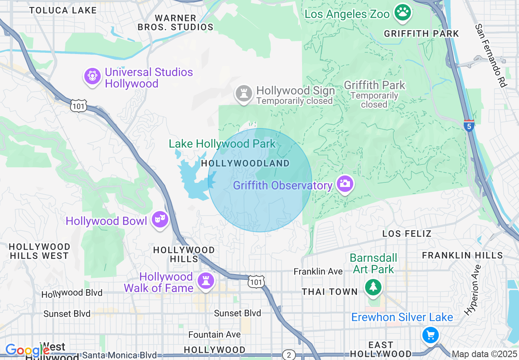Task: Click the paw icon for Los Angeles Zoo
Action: pos(403,13)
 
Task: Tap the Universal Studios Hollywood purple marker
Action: pos(93,76)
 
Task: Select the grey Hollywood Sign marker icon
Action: pos(244,94)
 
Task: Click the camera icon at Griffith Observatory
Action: pos(345,184)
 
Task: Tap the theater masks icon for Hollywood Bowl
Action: pos(160,220)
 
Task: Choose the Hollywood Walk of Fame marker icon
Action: pos(205,281)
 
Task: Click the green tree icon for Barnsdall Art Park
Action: pos(373,287)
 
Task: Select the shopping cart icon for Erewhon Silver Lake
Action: pos(430,335)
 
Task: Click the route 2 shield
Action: pos(289,354)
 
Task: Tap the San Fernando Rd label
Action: pos(491,56)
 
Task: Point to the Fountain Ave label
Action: pos(214,334)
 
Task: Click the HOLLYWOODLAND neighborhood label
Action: pos(245,164)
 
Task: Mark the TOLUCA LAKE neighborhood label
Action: pos(63,10)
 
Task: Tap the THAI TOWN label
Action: pos(329,292)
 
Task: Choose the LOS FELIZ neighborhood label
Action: pos(407,234)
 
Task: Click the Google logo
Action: pos(27,351)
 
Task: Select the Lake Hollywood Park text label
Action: pos(222,144)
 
